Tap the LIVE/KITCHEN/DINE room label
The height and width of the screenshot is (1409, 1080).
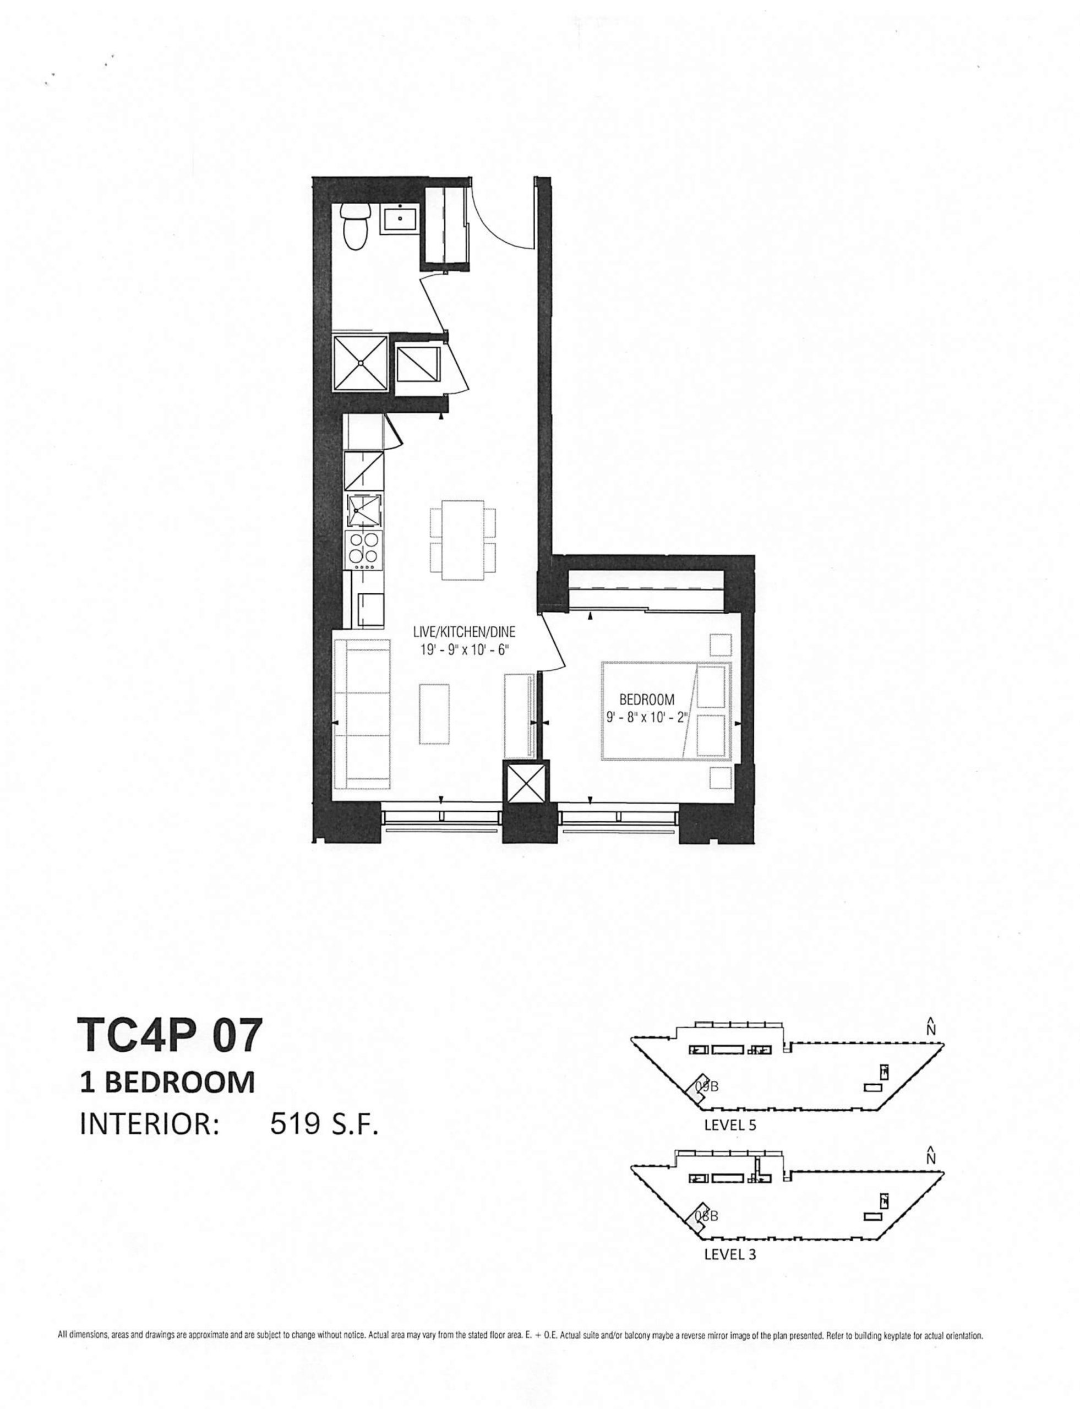coord(464,632)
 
